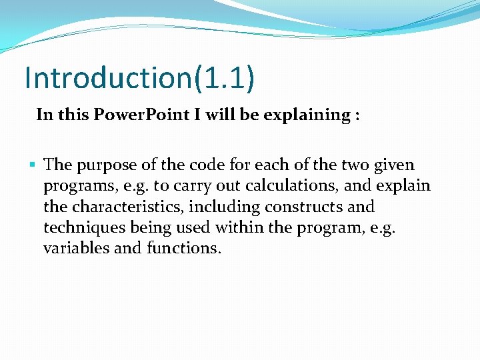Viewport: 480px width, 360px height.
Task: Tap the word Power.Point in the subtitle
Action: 141,115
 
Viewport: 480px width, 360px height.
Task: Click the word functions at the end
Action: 183,248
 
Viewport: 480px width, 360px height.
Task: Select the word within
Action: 237,227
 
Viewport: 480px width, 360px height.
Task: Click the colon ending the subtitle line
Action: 357,116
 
